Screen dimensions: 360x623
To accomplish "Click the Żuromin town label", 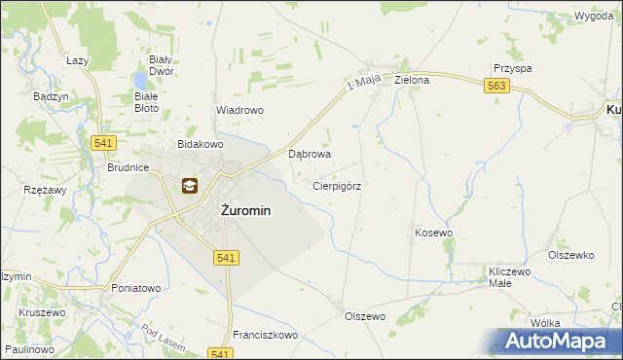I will point(232,210).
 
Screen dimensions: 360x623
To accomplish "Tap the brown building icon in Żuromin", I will point(189,186).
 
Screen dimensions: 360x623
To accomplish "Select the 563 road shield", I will point(497,88).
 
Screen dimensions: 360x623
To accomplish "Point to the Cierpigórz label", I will point(338,185).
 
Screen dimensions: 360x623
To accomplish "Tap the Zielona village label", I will point(412,81).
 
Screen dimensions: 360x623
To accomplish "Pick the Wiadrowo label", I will point(239,111).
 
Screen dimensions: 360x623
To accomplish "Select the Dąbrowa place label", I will point(311,154).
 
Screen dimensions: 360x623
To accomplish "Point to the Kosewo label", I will point(434,234).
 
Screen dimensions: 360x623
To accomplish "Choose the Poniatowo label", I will point(135,288).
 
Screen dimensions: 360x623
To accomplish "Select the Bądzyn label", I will point(50,97).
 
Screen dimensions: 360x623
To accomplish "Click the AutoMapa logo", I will point(560,341).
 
